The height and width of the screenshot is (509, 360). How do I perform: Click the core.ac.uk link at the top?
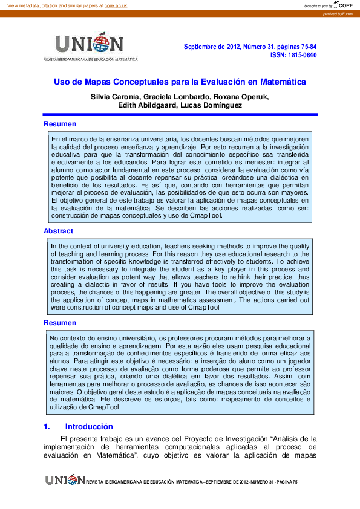pyautogui.click(x=116, y=6)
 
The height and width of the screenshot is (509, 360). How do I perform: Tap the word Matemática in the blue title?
pyautogui.click(x=281, y=81)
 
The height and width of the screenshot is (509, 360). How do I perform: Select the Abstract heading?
pyautogui.click(x=58, y=231)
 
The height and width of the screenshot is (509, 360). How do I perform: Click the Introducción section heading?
pyautogui.click(x=88, y=426)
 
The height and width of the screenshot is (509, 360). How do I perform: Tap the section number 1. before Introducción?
pyautogui.click(x=47, y=426)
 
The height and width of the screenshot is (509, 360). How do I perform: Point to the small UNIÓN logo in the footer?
pyautogui.click(x=65, y=479)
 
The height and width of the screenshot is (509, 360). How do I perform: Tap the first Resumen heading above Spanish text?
pyautogui.click(x=60, y=124)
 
